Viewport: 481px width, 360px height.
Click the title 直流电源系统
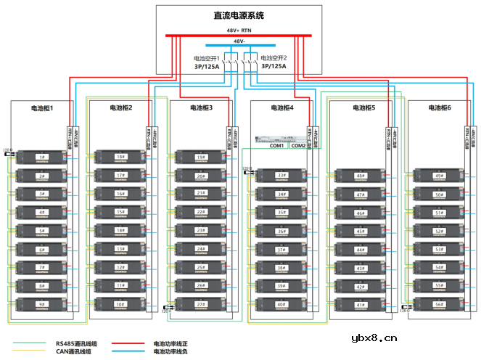(239, 16)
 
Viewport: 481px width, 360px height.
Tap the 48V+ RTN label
(239, 30)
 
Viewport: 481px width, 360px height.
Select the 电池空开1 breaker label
(209, 58)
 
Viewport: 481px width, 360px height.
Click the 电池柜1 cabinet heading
(42, 108)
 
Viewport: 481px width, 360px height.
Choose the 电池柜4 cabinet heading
(282, 108)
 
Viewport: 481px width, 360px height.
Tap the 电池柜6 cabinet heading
(440, 108)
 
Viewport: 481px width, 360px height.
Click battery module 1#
(42, 157)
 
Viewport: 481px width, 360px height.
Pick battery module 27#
(201, 305)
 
